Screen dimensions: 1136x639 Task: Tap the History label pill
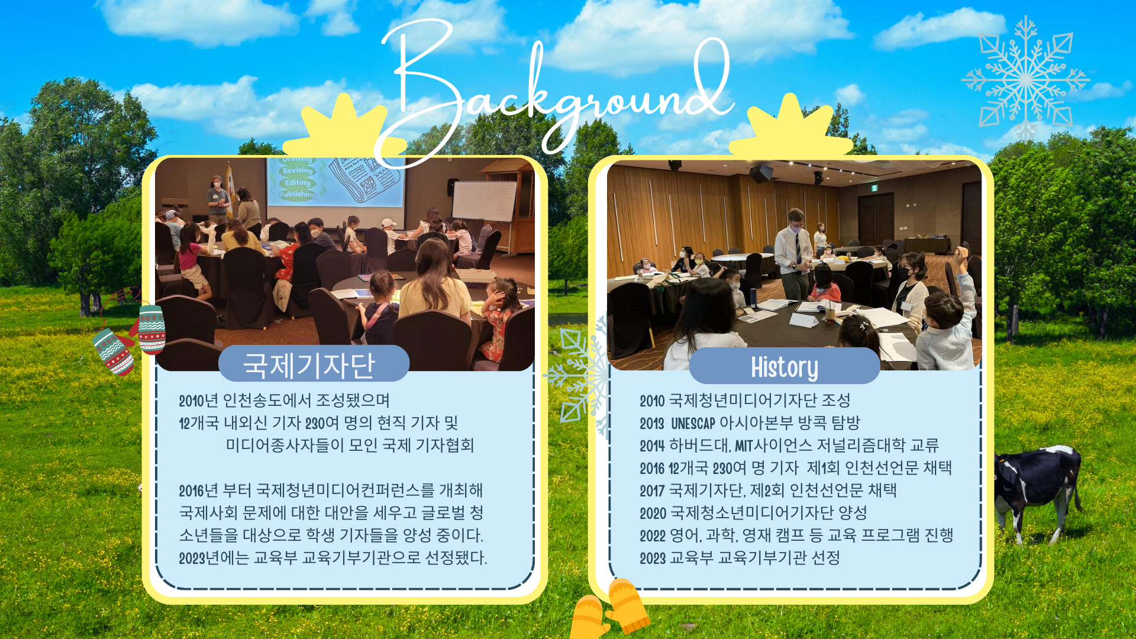coord(785,366)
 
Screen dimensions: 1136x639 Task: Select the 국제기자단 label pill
coord(314,364)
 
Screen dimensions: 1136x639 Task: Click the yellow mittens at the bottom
coord(609,609)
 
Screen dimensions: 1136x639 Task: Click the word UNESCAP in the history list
coord(693,423)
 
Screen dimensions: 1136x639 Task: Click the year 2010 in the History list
coord(652,401)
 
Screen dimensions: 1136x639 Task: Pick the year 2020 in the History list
coord(653,513)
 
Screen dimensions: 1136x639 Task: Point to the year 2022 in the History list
coord(653,535)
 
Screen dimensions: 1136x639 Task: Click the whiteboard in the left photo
coord(484,201)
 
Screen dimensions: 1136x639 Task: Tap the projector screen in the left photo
coord(335,181)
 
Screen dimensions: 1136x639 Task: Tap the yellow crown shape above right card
coord(790,128)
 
